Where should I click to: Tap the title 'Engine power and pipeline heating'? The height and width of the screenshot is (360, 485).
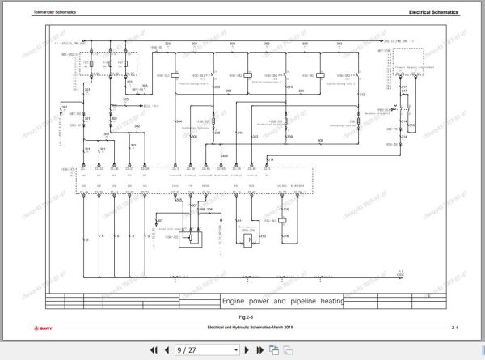(x=283, y=300)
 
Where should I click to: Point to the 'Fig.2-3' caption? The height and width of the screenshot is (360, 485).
(x=240, y=314)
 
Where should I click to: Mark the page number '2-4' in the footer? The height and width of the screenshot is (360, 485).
(x=455, y=327)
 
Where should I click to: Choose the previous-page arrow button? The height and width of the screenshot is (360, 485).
(x=167, y=349)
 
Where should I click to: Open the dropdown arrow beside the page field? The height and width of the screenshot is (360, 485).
(x=236, y=349)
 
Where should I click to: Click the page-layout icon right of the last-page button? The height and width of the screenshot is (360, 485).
(x=274, y=349)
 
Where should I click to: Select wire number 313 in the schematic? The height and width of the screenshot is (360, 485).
(x=263, y=235)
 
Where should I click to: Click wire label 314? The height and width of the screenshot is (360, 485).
(x=270, y=160)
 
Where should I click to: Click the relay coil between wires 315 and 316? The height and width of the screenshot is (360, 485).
(x=285, y=220)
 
